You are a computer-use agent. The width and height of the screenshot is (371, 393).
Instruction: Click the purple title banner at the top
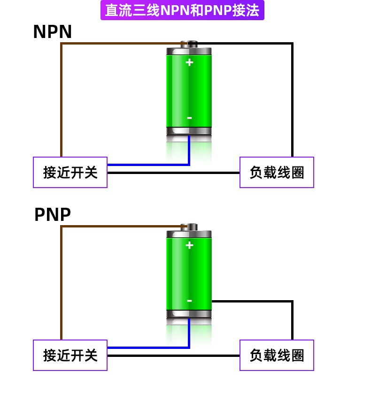tap(182, 10)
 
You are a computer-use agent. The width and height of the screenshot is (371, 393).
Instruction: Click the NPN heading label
tap(53, 31)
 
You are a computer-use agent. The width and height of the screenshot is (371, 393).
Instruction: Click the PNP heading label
tap(53, 214)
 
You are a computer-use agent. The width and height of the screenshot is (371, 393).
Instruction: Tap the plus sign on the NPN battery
tap(189, 62)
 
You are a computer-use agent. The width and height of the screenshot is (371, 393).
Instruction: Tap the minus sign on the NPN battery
tap(190, 118)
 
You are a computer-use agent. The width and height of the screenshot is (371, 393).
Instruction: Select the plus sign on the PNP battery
tap(189, 245)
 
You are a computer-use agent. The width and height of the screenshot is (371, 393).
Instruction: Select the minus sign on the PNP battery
tap(190, 301)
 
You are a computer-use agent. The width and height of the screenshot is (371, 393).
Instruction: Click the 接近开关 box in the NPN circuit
tap(70, 172)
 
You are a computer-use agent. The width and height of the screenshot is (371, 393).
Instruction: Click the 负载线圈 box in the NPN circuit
tap(277, 172)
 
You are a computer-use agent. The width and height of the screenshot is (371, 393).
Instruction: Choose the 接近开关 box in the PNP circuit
tap(70, 355)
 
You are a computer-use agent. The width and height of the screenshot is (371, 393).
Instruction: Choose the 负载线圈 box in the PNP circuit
tap(277, 355)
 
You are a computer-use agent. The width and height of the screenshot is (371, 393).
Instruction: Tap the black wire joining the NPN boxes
tap(173, 173)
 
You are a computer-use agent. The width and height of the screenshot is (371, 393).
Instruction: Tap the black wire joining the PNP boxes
tap(173, 355)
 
